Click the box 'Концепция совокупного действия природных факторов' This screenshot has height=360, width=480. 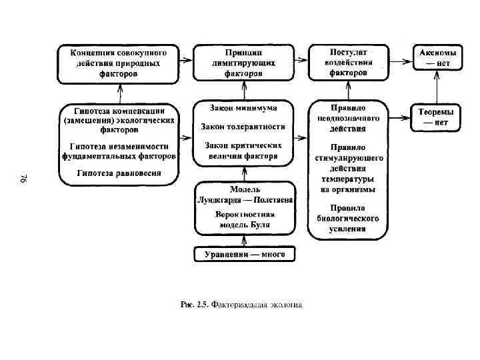point(118,63)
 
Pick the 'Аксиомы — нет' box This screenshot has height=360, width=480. point(437,58)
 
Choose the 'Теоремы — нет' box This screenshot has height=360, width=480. point(437,118)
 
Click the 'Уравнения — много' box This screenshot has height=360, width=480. point(244,255)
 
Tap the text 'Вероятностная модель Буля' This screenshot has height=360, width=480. point(245,221)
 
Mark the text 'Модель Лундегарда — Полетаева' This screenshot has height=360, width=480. point(245,195)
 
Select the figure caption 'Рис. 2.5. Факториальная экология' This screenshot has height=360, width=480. point(242,305)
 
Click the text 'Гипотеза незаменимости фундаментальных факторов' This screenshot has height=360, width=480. point(119,151)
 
